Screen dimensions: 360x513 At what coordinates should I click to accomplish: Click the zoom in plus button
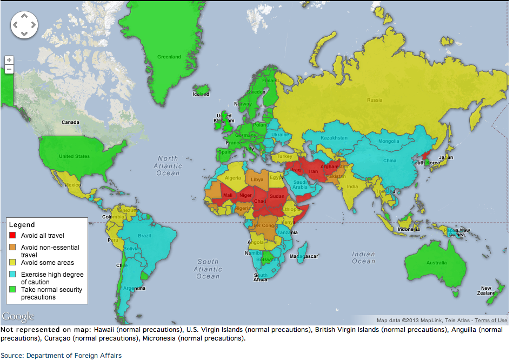pyautogui.click(x=9, y=60)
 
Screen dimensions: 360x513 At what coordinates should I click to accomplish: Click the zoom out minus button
pyautogui.click(x=9, y=69)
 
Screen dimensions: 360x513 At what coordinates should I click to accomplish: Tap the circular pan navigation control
pyautogui.click(x=24, y=25)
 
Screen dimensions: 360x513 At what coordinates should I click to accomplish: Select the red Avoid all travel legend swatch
pyautogui.click(x=12, y=236)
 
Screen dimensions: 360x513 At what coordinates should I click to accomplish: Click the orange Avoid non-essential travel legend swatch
pyautogui.click(x=12, y=248)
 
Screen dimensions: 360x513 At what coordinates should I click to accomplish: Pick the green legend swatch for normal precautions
pyautogui.click(x=12, y=290)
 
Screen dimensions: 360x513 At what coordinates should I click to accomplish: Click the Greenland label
pyautogui.click(x=169, y=57)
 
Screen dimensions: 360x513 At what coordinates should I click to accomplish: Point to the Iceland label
pyautogui.click(x=201, y=94)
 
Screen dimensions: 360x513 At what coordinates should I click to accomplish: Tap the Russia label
pyautogui.click(x=374, y=100)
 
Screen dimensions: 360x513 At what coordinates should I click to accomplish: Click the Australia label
pyautogui.click(x=437, y=263)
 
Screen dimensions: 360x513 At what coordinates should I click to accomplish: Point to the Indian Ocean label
pyautogui.click(x=363, y=258)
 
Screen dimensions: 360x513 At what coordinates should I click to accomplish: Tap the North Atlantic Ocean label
pyautogui.click(x=168, y=166)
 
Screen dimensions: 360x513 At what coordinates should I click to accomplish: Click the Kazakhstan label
pyautogui.click(x=334, y=138)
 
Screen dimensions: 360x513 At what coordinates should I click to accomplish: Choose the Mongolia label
pyautogui.click(x=389, y=141)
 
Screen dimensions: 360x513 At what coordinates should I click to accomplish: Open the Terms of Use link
pyautogui.click(x=491, y=321)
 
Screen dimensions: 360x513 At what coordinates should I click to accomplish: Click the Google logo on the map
pyautogui.click(x=18, y=316)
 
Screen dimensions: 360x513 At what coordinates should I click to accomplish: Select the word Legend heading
pyautogui.click(x=22, y=225)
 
